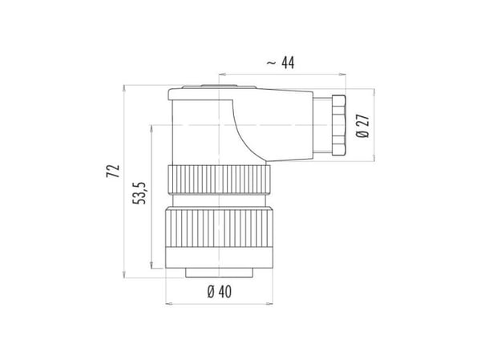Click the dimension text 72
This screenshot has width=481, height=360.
[x=113, y=172]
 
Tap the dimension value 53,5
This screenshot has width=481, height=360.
[x=139, y=193]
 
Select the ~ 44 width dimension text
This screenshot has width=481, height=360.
[x=281, y=63]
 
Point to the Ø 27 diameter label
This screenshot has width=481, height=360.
[x=362, y=126]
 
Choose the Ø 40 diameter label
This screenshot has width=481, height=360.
[x=220, y=292]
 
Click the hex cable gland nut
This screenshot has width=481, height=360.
[x=338, y=124]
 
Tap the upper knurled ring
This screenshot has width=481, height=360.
[x=219, y=180]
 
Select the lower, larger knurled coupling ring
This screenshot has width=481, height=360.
[x=219, y=228]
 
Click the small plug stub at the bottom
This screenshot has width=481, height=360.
[x=219, y=273]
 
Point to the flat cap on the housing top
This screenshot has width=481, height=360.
[x=219, y=87]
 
